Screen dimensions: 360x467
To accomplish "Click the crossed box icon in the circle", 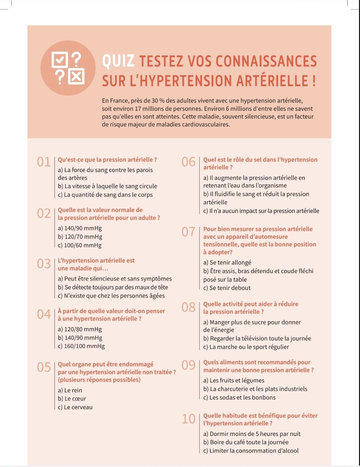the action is (76, 77).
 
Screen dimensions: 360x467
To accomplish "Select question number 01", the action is (44, 162).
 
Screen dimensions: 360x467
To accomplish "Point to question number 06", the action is (189, 162).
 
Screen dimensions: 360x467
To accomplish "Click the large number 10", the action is (189, 419).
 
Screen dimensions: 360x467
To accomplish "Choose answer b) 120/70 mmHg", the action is (80, 237).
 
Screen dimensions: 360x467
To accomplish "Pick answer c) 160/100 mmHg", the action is (81, 346).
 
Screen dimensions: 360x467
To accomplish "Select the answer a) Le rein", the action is (70, 390).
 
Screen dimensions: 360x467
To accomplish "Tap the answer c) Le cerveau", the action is (75, 407).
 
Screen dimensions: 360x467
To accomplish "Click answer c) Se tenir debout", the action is (227, 288).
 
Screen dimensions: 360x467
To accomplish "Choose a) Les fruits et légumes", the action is (234, 380).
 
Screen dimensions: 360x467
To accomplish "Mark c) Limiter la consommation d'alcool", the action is (251, 451).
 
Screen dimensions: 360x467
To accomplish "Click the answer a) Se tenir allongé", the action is (227, 262).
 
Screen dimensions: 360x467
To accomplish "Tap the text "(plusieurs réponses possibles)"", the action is (99, 380).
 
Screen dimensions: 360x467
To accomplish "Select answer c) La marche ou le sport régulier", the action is (246, 347).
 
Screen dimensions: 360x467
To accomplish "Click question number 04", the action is (44, 314).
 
